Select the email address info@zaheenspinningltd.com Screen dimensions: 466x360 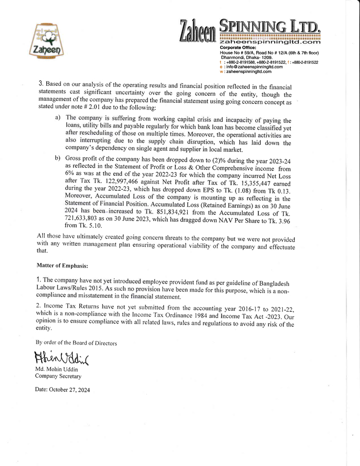tap(253, 67)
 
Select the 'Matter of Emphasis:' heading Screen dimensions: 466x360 tap(62, 265)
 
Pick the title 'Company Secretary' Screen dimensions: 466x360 tap(58, 377)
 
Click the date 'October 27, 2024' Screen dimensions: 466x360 tap(69, 390)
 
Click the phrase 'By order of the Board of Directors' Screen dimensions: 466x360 tap(76, 343)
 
